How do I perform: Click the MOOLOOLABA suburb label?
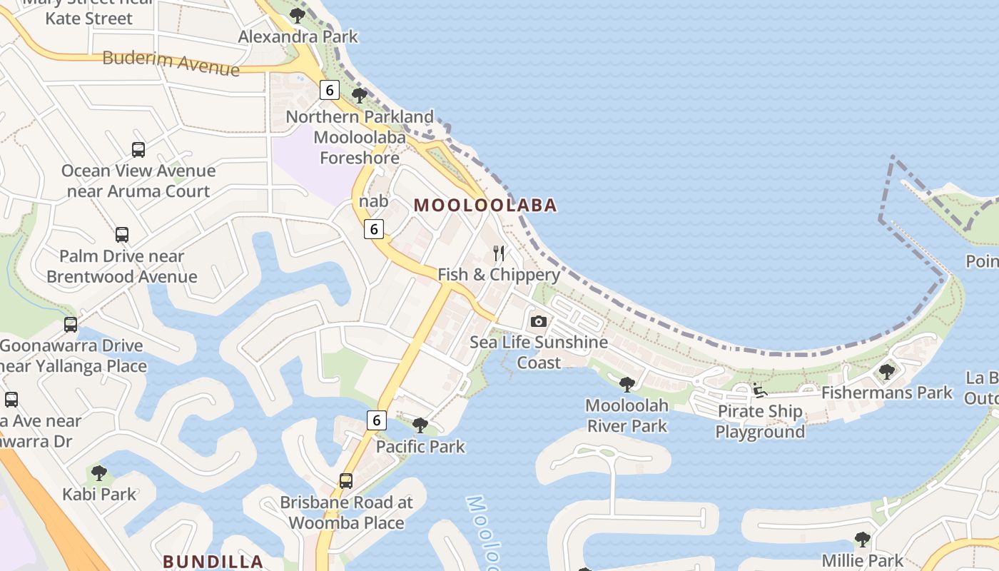pyautogui.click(x=485, y=206)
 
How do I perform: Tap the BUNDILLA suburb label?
pyautogui.click(x=213, y=562)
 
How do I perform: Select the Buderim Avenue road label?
pyautogui.click(x=171, y=63)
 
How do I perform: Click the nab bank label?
pyautogui.click(x=373, y=201)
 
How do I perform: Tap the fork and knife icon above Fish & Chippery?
pyautogui.click(x=499, y=253)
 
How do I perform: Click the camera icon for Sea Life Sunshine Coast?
pyautogui.click(x=539, y=321)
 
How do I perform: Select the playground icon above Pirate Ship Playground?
pyautogui.click(x=759, y=390)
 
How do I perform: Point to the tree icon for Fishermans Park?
pyautogui.click(x=886, y=372)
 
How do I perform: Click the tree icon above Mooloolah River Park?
pyautogui.click(x=627, y=385)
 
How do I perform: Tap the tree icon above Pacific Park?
pyautogui.click(x=420, y=426)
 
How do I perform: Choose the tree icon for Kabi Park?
pyautogui.click(x=99, y=473)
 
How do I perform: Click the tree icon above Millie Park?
pyautogui.click(x=862, y=540)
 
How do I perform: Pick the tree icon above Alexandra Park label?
pyautogui.click(x=298, y=16)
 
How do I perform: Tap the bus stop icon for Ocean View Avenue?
pyautogui.click(x=138, y=150)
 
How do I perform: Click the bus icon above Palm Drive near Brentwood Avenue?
pyautogui.click(x=122, y=235)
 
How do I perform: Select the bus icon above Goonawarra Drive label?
pyautogui.click(x=71, y=325)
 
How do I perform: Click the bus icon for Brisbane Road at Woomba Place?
pyautogui.click(x=346, y=481)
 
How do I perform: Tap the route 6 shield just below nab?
pyautogui.click(x=373, y=229)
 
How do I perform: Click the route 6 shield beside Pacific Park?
pyautogui.click(x=376, y=420)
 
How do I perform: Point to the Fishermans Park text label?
pyautogui.click(x=886, y=393)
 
